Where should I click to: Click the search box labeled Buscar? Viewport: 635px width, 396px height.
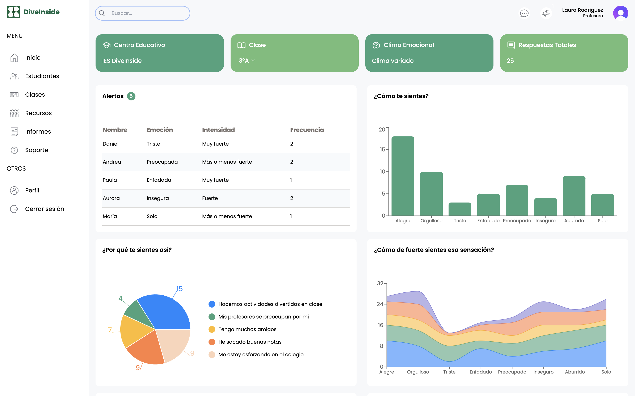[142, 13]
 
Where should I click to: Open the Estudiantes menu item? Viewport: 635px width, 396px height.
[42, 76]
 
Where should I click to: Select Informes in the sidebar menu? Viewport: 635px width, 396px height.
[38, 132]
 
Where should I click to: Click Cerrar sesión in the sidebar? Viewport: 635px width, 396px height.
[45, 209]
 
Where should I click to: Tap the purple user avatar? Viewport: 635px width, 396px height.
[621, 13]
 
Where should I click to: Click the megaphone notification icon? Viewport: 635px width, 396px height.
[546, 13]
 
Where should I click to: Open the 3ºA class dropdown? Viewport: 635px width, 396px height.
[247, 61]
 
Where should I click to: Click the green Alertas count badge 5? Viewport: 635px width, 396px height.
[131, 96]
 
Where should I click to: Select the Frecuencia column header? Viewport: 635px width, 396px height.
[307, 130]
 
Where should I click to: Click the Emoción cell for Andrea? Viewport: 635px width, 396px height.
[162, 162]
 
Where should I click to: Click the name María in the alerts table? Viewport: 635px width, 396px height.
[110, 216]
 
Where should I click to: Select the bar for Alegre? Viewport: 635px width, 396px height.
[403, 176]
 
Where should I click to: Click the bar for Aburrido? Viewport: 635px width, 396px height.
[574, 196]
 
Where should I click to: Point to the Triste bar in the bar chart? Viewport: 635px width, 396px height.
[460, 209]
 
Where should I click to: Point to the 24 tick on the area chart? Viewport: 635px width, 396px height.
[380, 304]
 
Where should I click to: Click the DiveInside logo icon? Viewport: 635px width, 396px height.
[13, 12]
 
